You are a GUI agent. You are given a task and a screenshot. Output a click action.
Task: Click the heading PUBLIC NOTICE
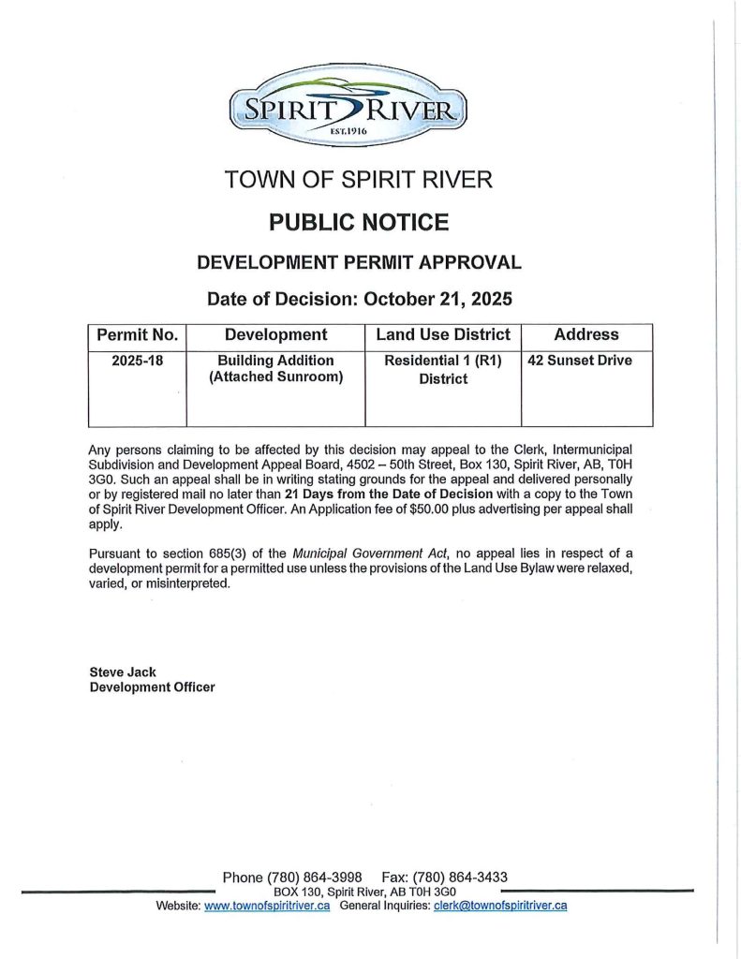pos(359,222)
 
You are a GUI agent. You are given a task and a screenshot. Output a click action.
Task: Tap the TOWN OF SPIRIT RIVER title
pos(359,179)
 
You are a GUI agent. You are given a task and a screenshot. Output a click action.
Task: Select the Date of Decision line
pos(359,300)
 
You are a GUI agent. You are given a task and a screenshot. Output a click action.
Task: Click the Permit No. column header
pos(138,335)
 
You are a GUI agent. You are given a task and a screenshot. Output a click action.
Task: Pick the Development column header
pos(275,335)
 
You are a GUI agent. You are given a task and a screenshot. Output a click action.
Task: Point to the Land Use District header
pos(442,335)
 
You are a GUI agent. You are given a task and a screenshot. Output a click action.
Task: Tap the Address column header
pos(586,335)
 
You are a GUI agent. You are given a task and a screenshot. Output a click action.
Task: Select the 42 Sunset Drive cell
pos(580,361)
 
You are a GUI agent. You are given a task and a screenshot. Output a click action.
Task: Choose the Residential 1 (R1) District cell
pos(442,370)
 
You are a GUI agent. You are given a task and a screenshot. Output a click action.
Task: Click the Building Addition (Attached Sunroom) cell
pos(275,369)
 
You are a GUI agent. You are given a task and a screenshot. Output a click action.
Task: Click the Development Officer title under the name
pos(152,686)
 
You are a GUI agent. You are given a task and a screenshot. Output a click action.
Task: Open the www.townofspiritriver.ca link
pos(267,906)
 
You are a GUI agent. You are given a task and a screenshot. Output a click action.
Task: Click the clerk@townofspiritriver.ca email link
pos(500,906)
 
